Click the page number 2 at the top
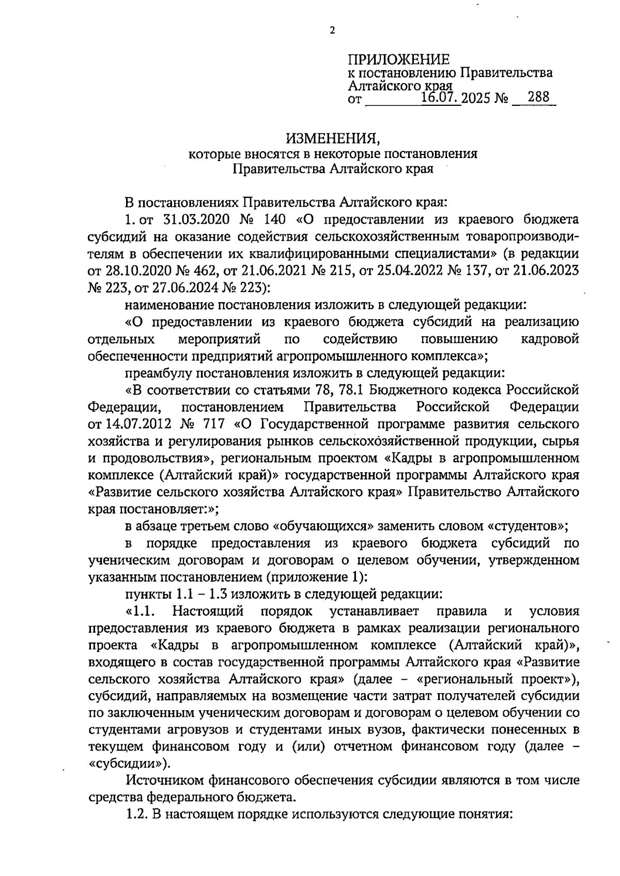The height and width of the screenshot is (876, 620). [332, 30]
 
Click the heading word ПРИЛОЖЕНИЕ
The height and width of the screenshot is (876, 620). [399, 59]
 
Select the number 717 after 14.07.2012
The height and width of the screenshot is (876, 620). [213, 424]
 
